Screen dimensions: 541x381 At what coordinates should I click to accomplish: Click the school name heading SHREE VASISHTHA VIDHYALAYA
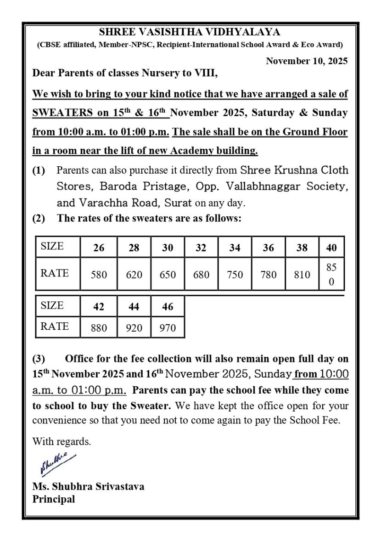tap(190, 33)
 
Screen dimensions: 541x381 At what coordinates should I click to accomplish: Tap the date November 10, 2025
tap(307, 61)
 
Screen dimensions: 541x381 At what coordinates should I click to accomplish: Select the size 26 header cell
tap(99, 248)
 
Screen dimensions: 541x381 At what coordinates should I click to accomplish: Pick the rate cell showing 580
tap(99, 275)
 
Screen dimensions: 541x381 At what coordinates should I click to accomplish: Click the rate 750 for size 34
tap(235, 275)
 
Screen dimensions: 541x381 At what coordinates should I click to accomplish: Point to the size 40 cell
tap(331, 248)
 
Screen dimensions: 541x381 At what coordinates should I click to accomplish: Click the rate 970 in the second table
tap(168, 328)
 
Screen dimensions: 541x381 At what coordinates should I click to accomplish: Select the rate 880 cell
tap(99, 328)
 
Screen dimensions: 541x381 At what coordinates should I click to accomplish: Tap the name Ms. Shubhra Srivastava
tap(88, 486)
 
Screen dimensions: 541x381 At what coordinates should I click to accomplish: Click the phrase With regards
tap(62, 442)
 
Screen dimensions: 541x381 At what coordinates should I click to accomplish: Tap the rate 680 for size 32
tap(201, 275)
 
